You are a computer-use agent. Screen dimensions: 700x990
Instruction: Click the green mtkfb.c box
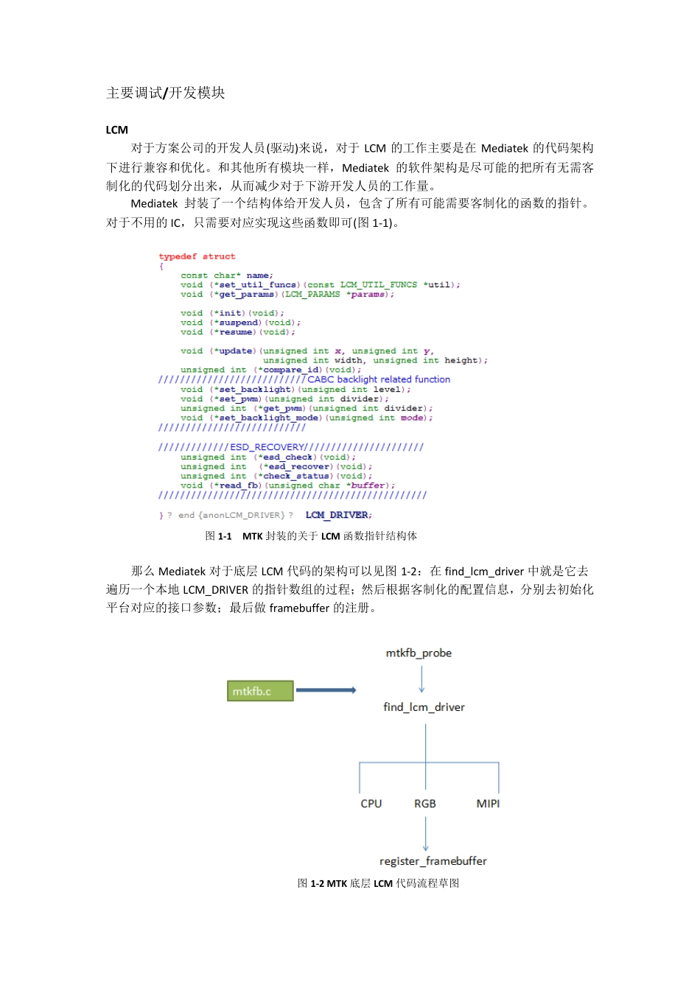[259, 691]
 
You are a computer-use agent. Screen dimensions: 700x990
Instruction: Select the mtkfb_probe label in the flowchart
[419, 653]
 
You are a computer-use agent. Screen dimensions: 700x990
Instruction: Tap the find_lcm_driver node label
[424, 707]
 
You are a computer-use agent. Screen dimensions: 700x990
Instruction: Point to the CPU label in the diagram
[371, 804]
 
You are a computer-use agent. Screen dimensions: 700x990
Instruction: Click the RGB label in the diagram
[425, 804]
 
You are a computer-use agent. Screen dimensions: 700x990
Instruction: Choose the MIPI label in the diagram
[488, 804]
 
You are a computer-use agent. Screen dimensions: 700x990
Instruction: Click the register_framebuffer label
[433, 861]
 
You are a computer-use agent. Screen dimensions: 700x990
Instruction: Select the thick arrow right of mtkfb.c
[326, 690]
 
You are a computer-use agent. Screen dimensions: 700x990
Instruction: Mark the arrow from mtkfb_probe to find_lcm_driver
[421, 679]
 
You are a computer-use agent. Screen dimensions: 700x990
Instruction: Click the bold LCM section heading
[116, 130]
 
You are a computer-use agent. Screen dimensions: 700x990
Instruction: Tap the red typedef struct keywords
[197, 256]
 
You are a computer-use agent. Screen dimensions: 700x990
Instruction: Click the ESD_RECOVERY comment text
[267, 447]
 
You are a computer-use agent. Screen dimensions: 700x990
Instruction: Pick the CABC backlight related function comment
[379, 379]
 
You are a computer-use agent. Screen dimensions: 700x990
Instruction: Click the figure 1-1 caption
[311, 536]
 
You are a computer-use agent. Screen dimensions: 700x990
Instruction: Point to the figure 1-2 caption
[378, 883]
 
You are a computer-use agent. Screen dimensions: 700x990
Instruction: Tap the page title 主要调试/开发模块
[166, 93]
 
